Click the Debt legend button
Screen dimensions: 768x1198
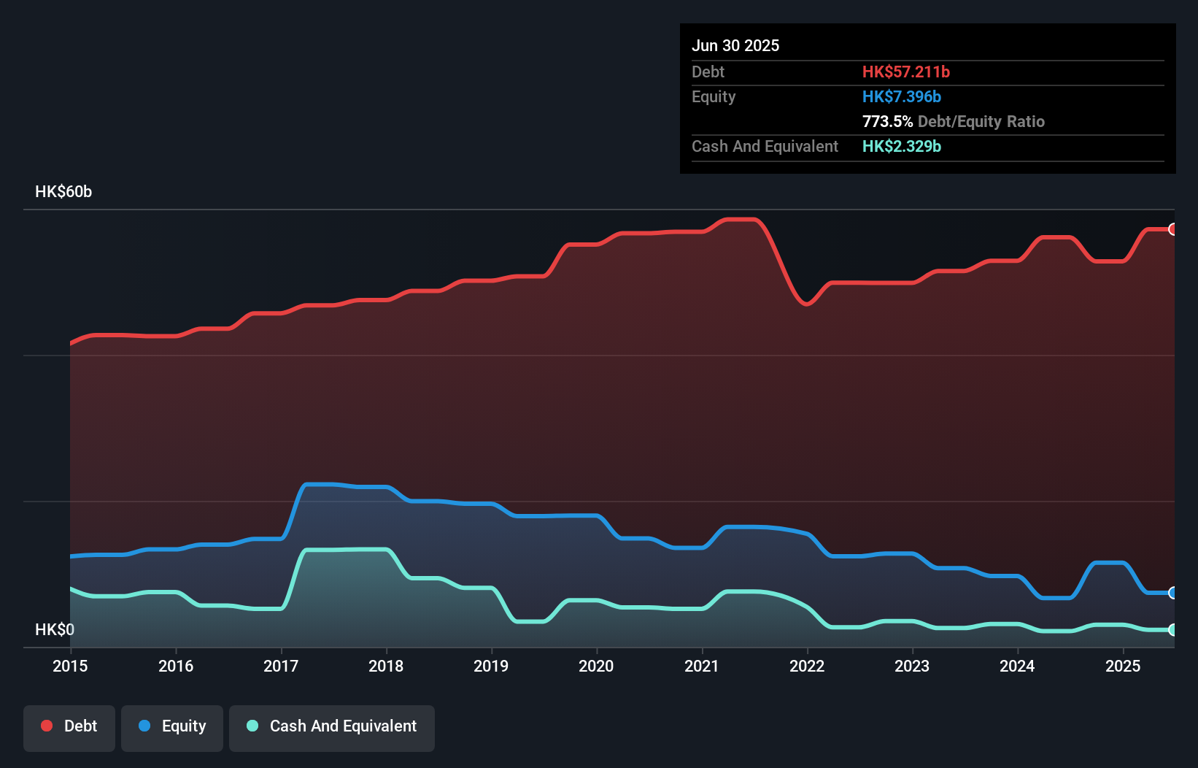(69, 727)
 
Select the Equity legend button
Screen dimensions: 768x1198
(172, 727)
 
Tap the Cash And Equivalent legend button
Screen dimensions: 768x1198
(332, 727)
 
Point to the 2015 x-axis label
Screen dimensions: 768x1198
(70, 666)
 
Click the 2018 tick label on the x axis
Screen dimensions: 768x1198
(386, 666)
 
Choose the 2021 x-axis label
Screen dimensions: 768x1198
(701, 666)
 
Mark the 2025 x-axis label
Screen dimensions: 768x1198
(1123, 666)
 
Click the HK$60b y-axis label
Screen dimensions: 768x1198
(63, 192)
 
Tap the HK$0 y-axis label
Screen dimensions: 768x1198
(55, 629)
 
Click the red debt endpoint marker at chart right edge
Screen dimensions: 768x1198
(1172, 229)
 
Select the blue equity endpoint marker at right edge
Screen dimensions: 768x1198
(1172, 593)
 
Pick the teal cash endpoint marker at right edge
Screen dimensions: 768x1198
(1172, 629)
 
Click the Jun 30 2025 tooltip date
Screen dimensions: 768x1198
(735, 45)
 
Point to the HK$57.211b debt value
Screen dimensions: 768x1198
(905, 72)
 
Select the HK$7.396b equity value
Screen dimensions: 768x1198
(901, 96)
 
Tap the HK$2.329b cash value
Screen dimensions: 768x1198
(901, 146)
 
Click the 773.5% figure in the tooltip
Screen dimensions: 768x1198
(887, 121)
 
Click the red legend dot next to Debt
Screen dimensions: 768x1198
(47, 726)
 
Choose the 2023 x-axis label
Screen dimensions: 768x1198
(912, 666)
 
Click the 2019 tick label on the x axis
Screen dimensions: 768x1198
(491, 666)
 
